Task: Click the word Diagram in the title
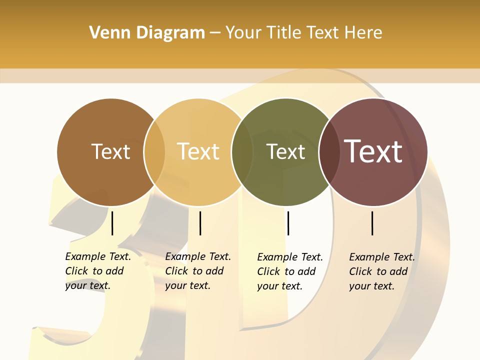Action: click(x=170, y=32)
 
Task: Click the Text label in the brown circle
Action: click(x=110, y=151)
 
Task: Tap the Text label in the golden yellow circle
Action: click(x=198, y=151)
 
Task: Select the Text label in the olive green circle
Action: click(x=285, y=151)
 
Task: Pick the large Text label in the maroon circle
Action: click(x=373, y=151)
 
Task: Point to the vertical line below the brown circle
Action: click(x=112, y=223)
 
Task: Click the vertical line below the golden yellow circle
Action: click(x=200, y=223)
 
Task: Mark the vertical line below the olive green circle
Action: click(x=288, y=223)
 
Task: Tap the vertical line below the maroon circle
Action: click(x=372, y=223)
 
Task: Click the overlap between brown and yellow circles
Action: click(x=154, y=152)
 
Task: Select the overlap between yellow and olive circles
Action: click(x=242, y=152)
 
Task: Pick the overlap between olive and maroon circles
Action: click(x=329, y=152)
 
